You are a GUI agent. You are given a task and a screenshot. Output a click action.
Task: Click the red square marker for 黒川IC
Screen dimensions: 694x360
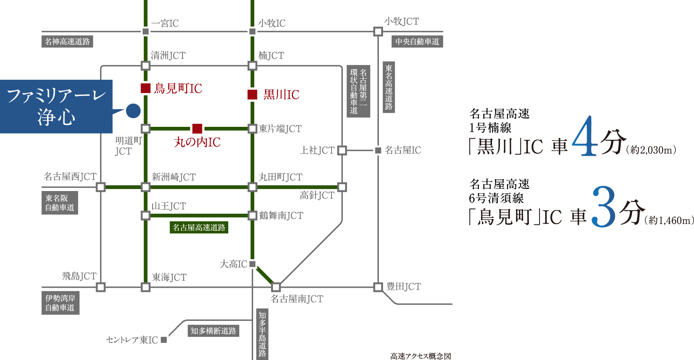[x=252, y=95]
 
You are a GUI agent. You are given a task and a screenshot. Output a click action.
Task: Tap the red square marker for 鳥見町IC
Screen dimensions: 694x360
[x=146, y=88]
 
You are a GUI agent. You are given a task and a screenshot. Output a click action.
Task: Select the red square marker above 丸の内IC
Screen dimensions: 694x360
[x=197, y=129]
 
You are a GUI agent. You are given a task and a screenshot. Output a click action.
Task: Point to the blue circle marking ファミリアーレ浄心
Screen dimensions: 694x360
[x=133, y=111]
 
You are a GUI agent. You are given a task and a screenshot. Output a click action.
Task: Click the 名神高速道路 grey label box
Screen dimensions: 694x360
[x=67, y=41]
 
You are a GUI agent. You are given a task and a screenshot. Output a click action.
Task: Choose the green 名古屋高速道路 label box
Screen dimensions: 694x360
[x=199, y=227]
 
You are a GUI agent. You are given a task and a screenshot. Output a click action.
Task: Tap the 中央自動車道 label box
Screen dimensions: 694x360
[x=417, y=41]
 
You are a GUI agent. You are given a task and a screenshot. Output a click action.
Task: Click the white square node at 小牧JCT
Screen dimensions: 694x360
[x=378, y=32]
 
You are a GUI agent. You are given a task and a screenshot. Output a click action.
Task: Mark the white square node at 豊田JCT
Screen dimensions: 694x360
[x=378, y=287]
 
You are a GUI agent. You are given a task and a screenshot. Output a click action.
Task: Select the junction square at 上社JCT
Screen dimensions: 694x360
[x=342, y=150]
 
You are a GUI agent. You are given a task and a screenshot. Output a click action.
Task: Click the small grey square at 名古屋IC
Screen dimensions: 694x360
[x=378, y=150]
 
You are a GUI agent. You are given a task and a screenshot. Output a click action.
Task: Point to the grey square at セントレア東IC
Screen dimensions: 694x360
[x=164, y=340]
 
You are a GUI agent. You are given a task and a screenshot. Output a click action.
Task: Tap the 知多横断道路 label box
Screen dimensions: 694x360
[x=213, y=331]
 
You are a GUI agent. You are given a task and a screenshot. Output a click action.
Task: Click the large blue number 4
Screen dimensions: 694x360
[x=585, y=136]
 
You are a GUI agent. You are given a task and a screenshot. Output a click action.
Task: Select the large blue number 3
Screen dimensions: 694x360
[x=604, y=207]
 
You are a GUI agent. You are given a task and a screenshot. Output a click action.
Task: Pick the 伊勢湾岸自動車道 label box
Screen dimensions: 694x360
[x=60, y=303]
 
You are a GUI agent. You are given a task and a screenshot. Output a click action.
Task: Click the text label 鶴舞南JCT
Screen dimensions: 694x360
[x=281, y=216]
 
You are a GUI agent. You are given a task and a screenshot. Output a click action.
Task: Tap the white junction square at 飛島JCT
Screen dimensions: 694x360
[x=101, y=287]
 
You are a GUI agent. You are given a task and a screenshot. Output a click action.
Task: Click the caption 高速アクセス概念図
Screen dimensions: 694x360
[x=421, y=356]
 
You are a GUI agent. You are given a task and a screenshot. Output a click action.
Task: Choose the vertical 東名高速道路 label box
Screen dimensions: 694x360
[x=389, y=87]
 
